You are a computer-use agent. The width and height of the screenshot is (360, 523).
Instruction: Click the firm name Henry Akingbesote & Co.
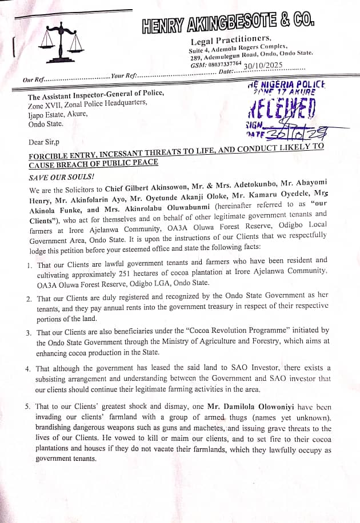click(228, 23)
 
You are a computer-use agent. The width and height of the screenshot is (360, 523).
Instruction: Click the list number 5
click(29, 407)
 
